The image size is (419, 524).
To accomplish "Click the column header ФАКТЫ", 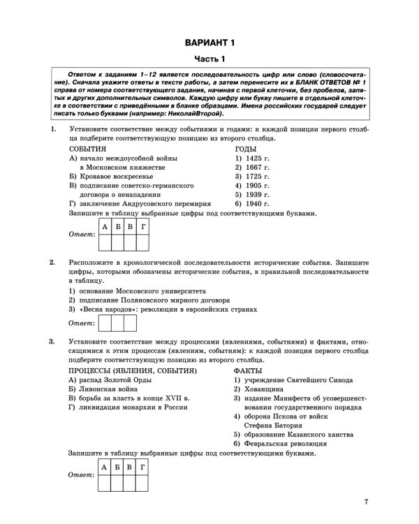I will click(249, 370).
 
